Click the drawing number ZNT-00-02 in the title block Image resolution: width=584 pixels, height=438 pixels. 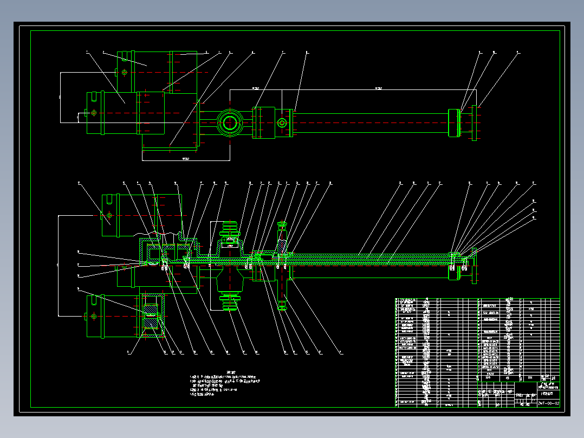tap(548, 403)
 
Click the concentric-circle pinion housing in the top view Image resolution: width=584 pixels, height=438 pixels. tap(230, 123)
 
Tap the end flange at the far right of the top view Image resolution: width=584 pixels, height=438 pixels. tap(475, 123)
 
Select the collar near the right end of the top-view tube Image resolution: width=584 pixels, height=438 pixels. tap(454, 123)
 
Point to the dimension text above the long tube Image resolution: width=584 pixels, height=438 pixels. tap(379, 88)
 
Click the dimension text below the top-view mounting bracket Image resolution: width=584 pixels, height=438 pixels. tap(185, 159)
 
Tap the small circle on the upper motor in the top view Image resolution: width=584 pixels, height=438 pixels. tap(125, 72)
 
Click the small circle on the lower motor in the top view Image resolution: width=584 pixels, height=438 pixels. tap(94, 113)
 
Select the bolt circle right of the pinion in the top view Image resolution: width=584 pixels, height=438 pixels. tap(282, 123)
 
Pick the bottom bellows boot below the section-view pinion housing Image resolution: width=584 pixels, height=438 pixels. tap(230, 300)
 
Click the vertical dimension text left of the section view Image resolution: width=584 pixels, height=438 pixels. tap(57, 265)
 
